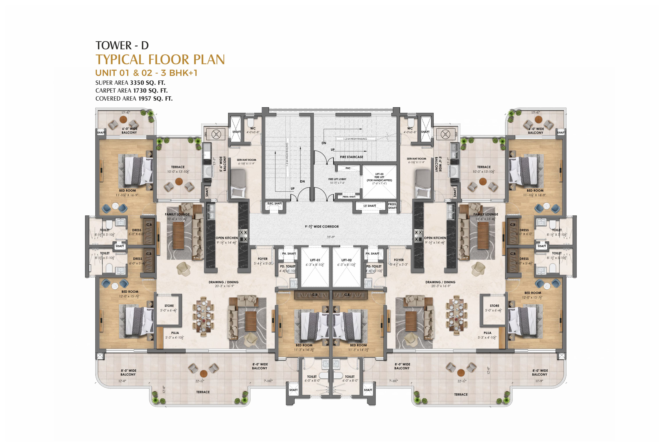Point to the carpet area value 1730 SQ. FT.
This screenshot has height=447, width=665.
pyautogui.click(x=150, y=91)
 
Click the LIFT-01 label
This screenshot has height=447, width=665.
pyautogui.click(x=315, y=260)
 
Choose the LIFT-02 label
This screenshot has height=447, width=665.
pyautogui.click(x=346, y=260)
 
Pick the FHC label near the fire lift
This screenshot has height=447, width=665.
pyautogui.click(x=348, y=168)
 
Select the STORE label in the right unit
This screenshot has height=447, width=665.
pyautogui.click(x=494, y=306)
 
